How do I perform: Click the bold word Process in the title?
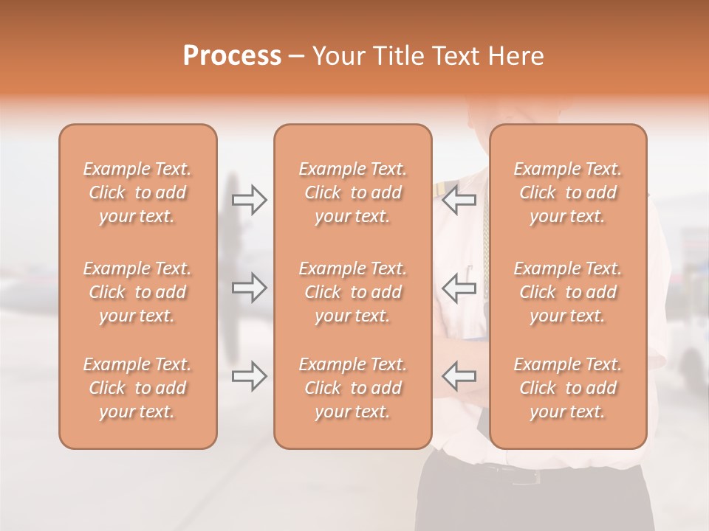232,56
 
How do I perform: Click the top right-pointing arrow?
250,199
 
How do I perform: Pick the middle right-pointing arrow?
250,288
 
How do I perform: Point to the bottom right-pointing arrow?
250,376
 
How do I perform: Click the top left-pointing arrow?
459,199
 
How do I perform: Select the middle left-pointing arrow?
459,288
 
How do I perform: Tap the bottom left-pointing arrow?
459,376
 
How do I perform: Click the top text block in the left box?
137,192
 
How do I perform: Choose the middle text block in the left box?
137,292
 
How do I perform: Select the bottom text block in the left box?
137,388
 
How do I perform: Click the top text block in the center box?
353,192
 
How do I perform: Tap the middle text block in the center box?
353,292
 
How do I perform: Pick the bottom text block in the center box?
353,388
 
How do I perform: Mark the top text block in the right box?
568,192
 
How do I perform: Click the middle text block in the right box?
568,292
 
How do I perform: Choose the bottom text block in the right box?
568,388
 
